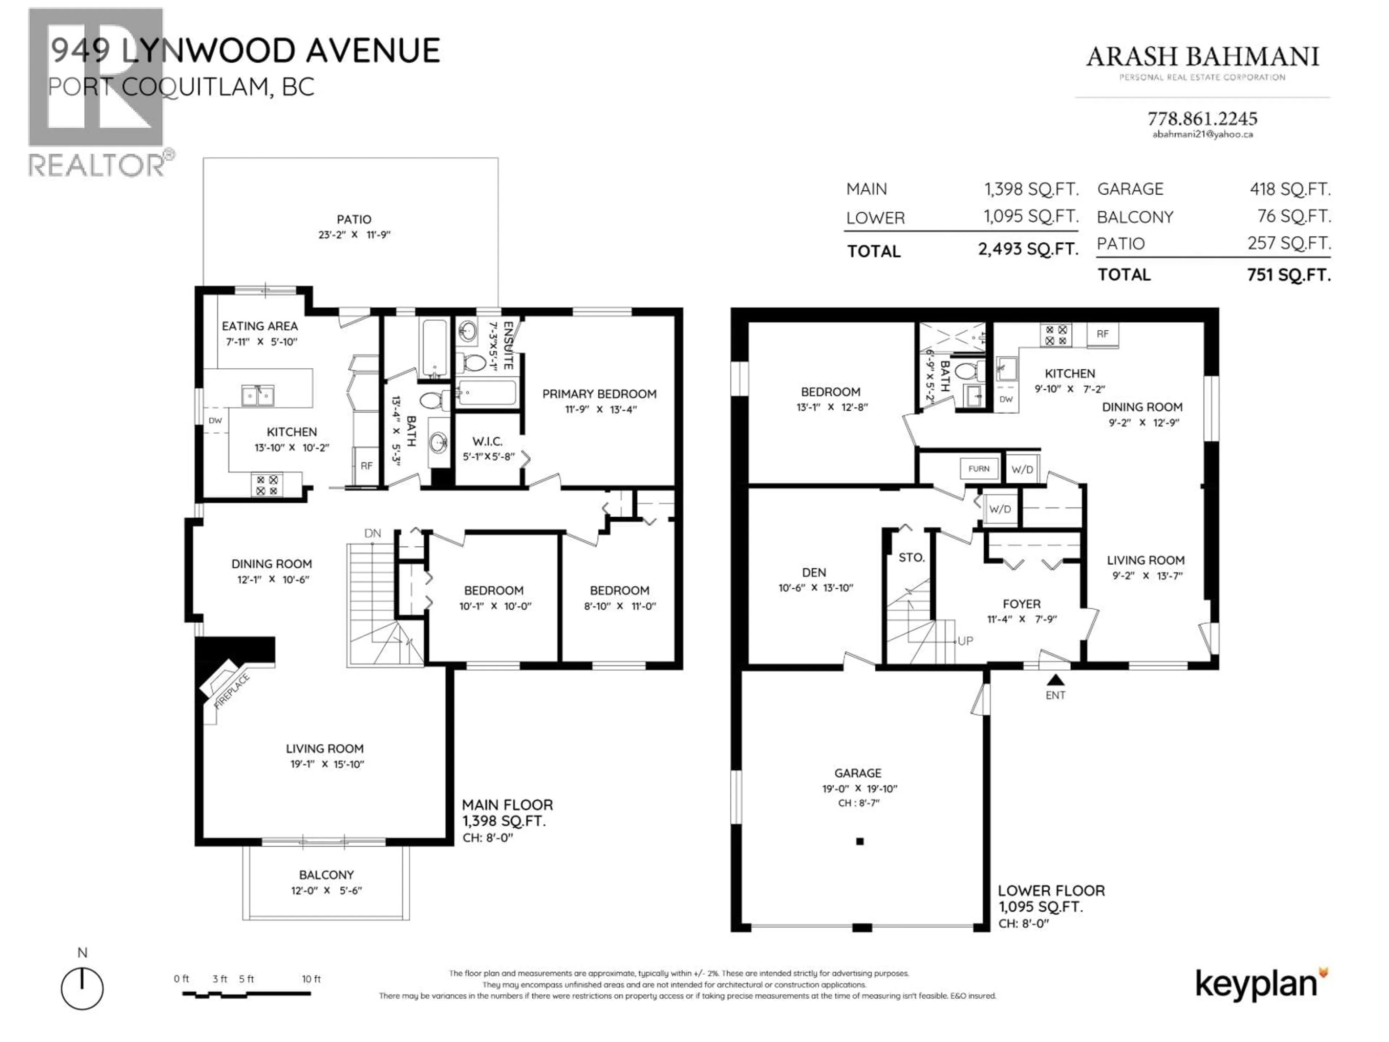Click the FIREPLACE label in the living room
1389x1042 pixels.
[232, 691]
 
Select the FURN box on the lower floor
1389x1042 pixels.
[978, 469]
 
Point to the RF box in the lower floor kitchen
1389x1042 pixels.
[1103, 334]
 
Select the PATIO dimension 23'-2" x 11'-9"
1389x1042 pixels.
[354, 235]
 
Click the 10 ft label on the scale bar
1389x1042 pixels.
[311, 979]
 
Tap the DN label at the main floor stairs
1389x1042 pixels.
[372, 533]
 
